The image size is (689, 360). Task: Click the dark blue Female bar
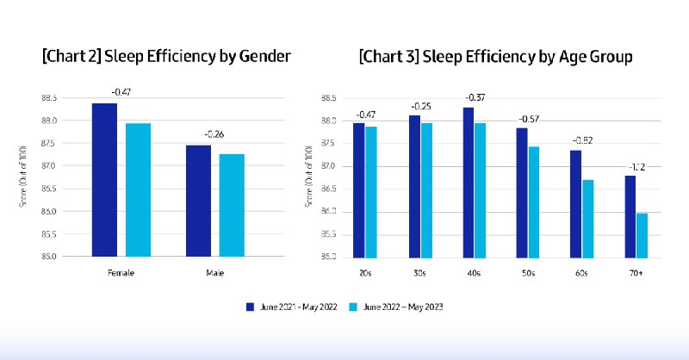pos(104,179)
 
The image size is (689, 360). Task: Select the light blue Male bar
pos(231,205)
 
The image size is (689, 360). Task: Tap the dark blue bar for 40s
pos(469,182)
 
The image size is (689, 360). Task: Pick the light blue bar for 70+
pos(641,234)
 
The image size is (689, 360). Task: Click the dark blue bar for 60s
pos(575,203)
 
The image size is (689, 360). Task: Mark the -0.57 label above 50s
pos(528,118)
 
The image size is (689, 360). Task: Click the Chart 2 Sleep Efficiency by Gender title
pos(166,57)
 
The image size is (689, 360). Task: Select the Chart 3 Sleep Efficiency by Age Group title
pos(496,57)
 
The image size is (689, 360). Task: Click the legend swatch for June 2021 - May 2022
pos(250,305)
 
